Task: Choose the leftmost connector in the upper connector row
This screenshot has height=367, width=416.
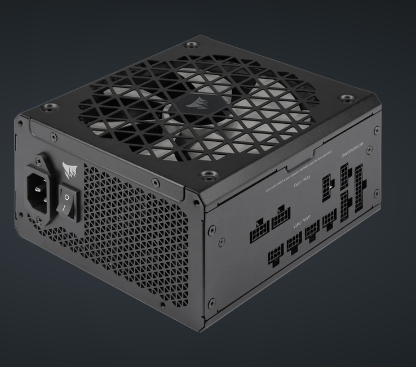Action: [x=259, y=231]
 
